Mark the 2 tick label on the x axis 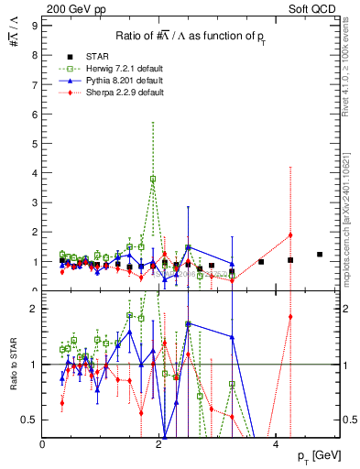click(x=159, y=444)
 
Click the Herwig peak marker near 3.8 click(x=153, y=179)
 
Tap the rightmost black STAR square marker click(x=320, y=255)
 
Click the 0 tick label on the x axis click(x=43, y=444)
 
